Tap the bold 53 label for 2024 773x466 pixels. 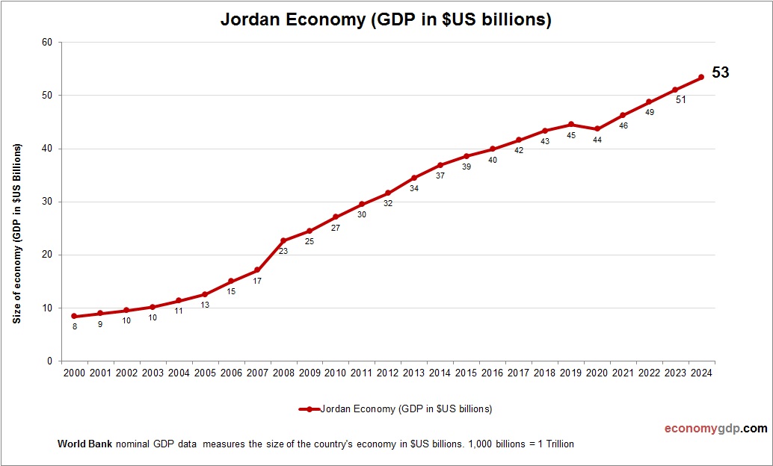[x=720, y=72]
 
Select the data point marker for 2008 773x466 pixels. [x=283, y=241]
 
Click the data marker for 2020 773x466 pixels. [x=597, y=129]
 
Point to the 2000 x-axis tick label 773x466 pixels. [x=74, y=373]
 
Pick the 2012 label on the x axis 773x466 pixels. [x=388, y=373]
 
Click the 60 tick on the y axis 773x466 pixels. [x=46, y=43]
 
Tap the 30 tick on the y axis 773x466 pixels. [x=46, y=202]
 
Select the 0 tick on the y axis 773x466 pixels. [x=49, y=361]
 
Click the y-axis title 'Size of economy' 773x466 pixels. [x=16, y=233]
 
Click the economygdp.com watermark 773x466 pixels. [x=715, y=429]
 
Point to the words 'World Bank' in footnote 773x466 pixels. [x=84, y=444]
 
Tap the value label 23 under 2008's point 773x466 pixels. [x=283, y=252]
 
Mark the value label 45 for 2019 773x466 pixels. [x=571, y=135]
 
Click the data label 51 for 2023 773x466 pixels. [x=680, y=100]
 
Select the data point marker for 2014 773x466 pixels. [x=440, y=165]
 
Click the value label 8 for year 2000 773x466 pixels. [x=74, y=326]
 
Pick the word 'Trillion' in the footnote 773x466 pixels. [x=555, y=444]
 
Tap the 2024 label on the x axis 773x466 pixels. [x=701, y=373]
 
